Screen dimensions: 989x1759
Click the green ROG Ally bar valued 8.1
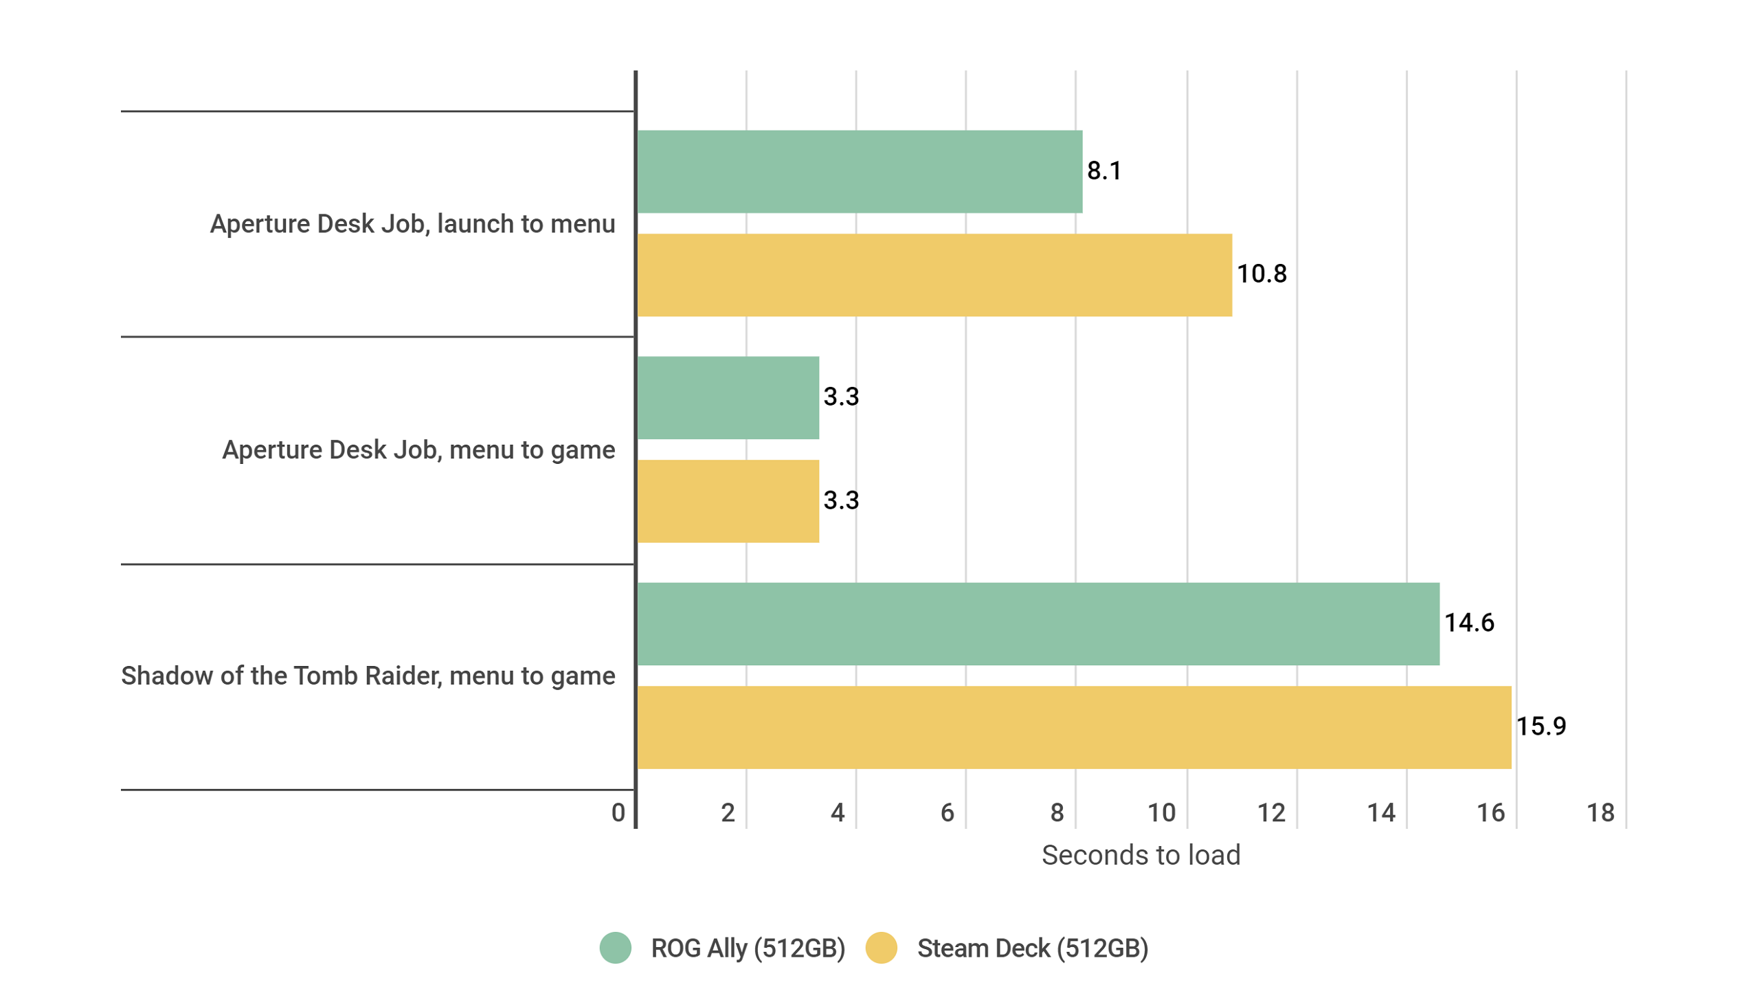859,171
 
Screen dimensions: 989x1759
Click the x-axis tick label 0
618,812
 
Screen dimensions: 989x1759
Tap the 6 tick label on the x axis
946,812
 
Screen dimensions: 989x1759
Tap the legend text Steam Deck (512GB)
1031,948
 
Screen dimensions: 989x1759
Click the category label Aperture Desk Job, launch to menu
412,224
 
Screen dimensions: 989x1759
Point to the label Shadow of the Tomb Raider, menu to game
368,676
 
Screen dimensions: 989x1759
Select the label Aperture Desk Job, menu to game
418,449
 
